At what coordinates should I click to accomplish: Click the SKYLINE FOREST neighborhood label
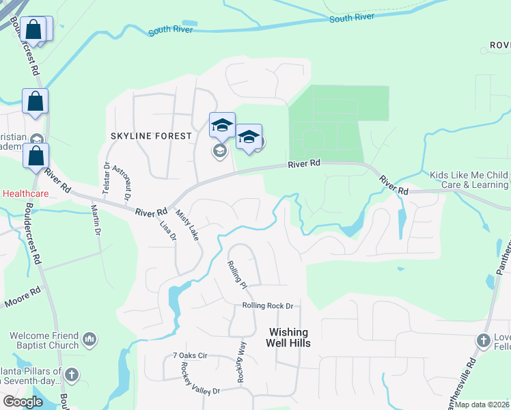(151, 136)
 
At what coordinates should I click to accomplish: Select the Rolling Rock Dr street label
(267, 306)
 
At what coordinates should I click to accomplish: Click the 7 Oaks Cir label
(190, 356)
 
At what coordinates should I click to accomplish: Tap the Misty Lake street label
(187, 225)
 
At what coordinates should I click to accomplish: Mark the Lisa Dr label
(168, 230)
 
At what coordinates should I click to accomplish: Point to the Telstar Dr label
(107, 175)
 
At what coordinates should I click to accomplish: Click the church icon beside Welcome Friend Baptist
(89, 339)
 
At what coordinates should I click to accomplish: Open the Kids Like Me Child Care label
(469, 180)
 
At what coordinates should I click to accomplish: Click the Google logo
(23, 402)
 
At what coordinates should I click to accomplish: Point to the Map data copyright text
(482, 405)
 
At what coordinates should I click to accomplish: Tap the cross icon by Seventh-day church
(72, 374)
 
